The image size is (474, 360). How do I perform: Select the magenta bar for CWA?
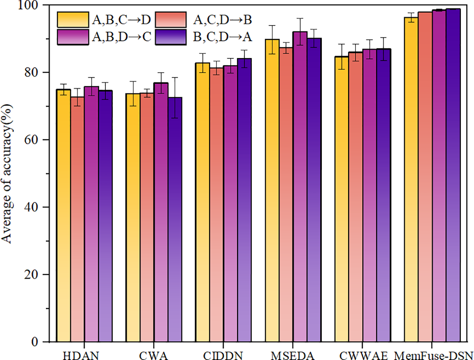[161, 213]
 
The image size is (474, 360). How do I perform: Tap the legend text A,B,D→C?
[124, 36]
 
